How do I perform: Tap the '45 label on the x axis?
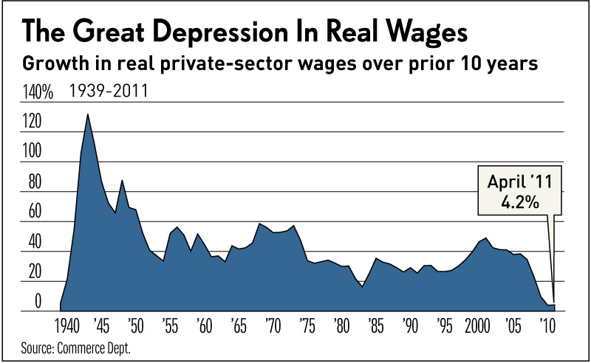click(x=100, y=325)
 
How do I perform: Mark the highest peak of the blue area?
click(x=88, y=114)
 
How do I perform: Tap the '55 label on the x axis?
click(x=169, y=325)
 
